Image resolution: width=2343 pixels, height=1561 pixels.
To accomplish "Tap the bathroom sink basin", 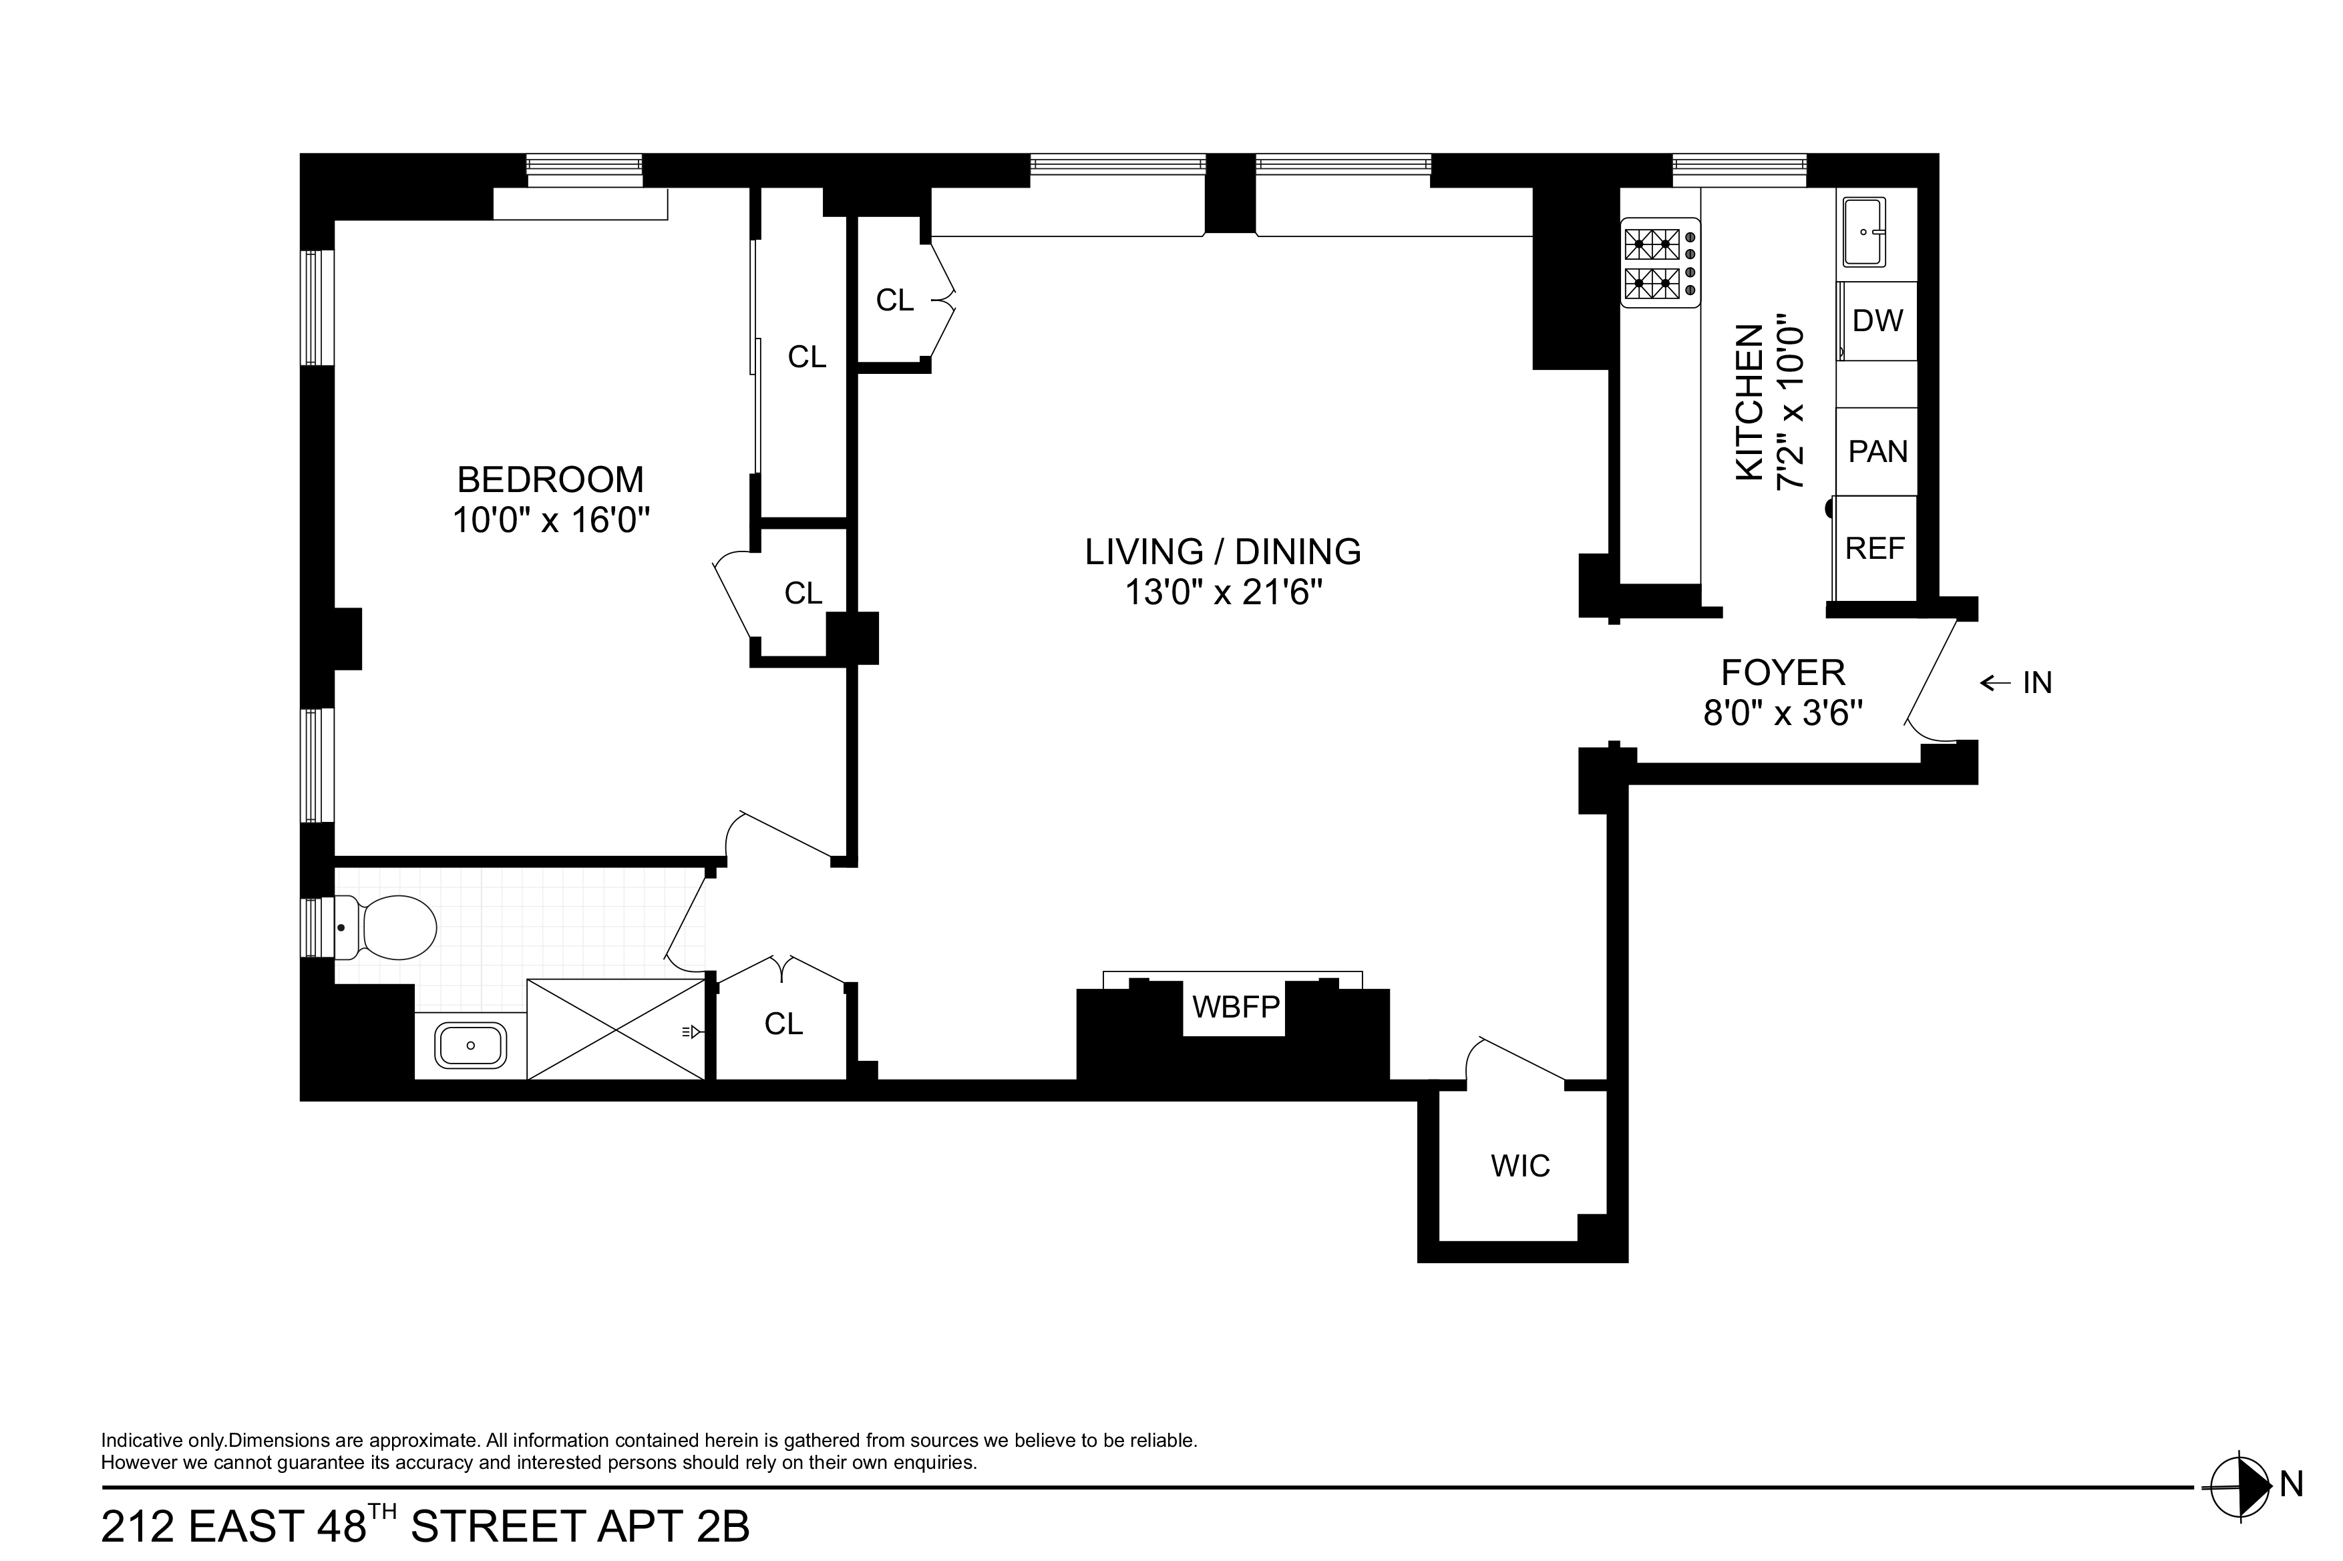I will click(x=471, y=1046).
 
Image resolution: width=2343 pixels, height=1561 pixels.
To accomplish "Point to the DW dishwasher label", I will click(x=1877, y=320).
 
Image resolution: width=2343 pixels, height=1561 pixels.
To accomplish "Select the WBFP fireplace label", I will click(x=1235, y=1008).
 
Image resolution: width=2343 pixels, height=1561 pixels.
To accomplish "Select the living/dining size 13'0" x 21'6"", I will click(x=1223, y=594).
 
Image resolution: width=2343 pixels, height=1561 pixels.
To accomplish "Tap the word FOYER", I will click(x=1783, y=673).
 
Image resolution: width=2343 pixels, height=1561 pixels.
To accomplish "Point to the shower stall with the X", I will click(x=615, y=1028).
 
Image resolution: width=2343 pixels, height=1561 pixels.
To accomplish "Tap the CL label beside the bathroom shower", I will click(x=783, y=1024).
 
